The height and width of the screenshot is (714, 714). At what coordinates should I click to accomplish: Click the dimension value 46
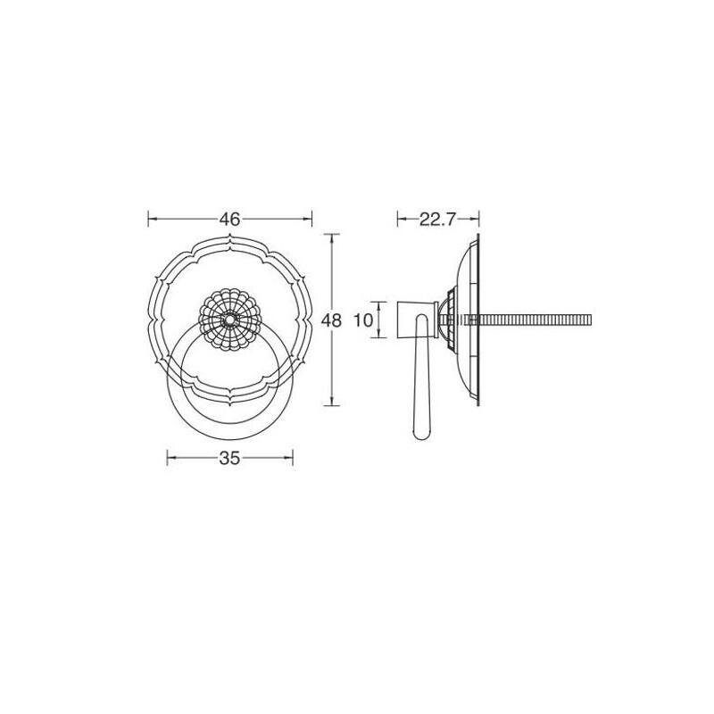(229, 220)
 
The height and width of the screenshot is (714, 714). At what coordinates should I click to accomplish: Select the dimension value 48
(331, 320)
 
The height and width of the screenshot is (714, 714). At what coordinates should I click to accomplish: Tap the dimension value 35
(229, 458)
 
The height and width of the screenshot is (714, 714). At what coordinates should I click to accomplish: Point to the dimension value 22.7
(437, 220)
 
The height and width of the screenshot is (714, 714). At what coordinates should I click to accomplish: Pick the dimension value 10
(363, 320)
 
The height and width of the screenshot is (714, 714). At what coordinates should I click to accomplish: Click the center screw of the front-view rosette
(229, 320)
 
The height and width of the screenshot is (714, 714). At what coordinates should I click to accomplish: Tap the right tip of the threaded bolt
(591, 320)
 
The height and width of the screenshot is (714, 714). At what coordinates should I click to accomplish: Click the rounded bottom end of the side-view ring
(421, 436)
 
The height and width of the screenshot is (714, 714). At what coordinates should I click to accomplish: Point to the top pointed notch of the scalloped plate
(229, 237)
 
